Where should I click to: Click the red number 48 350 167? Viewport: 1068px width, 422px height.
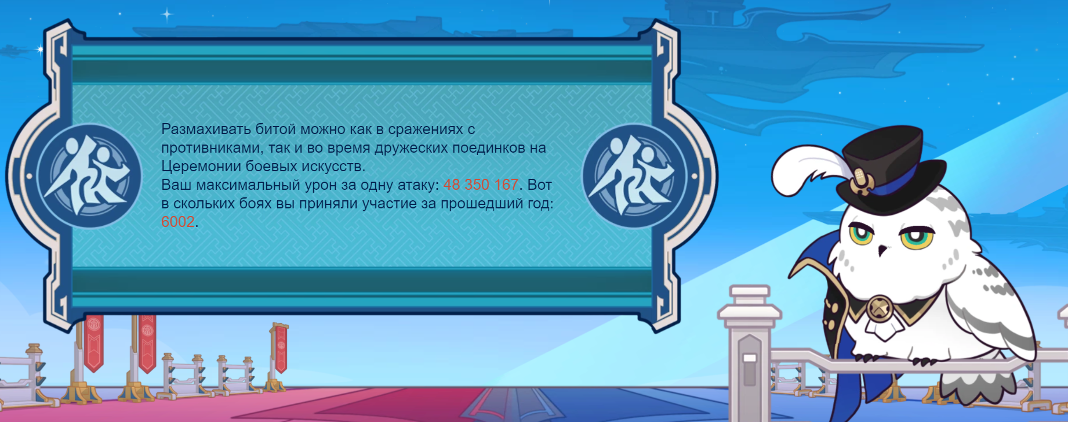(x=481, y=185)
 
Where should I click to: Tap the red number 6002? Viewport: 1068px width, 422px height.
(x=178, y=222)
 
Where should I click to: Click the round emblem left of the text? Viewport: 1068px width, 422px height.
(x=89, y=175)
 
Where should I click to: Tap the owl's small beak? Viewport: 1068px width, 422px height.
(x=882, y=251)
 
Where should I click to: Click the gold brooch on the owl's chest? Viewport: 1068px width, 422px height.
(x=880, y=308)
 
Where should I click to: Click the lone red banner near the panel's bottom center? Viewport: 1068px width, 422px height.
(x=281, y=347)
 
